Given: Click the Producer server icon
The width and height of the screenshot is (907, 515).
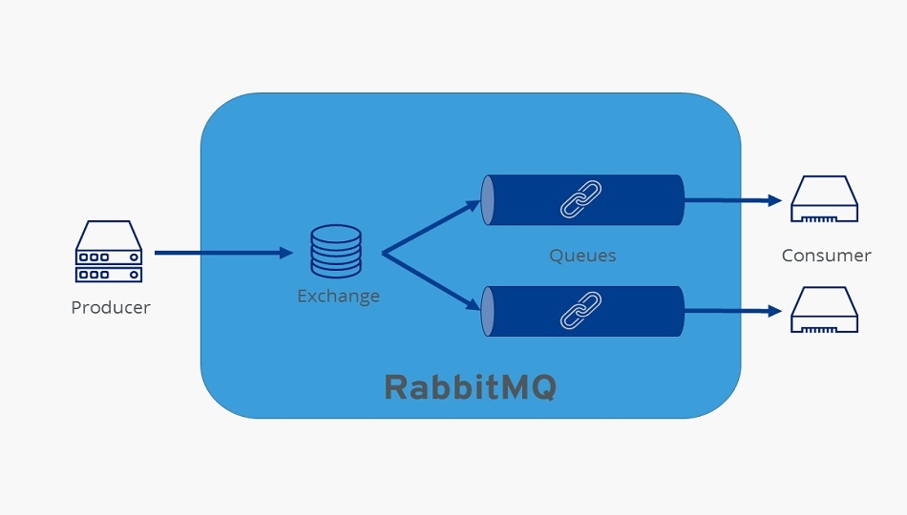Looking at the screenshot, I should coord(109,253).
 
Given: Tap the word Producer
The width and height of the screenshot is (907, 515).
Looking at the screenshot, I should coord(111,308).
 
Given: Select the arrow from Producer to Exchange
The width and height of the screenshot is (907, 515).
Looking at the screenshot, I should coord(222,253).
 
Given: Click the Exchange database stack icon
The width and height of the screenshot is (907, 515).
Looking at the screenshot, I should coord(336,252).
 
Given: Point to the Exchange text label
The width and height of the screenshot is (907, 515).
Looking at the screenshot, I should coord(338,296).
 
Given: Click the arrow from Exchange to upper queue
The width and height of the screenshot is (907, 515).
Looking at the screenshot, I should coord(430,227).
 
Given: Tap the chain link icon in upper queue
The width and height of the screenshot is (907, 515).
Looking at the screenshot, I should coord(580,199).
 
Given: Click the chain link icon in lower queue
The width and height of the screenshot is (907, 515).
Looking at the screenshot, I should coord(580,311).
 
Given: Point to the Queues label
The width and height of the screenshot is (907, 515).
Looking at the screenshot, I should coord(582,256).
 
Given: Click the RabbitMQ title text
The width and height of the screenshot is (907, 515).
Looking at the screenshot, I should coord(470,387).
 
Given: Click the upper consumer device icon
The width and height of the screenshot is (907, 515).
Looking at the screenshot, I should coord(825,199).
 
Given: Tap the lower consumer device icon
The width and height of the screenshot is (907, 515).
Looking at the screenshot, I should coord(825,310).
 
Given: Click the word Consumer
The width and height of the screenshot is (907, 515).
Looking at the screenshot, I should coord(826,256).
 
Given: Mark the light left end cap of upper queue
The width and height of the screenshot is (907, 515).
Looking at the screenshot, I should coord(488,199).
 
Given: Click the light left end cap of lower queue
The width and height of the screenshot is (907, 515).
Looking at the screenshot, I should coord(488,311).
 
